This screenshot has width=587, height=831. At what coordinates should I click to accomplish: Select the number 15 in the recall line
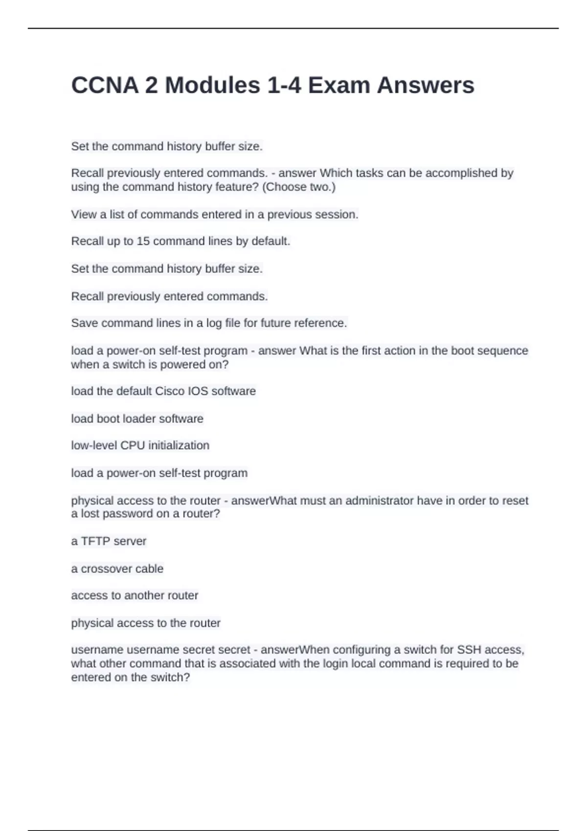143,241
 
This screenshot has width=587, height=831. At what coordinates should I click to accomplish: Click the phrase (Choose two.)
299,187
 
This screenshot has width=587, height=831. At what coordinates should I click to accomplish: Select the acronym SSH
469,650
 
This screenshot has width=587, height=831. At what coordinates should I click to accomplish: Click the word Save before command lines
85,323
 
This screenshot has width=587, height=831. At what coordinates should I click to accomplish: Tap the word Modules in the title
212,85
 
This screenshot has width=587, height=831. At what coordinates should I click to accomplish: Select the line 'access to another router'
135,595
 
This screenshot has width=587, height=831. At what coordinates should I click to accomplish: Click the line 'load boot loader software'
137,419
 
